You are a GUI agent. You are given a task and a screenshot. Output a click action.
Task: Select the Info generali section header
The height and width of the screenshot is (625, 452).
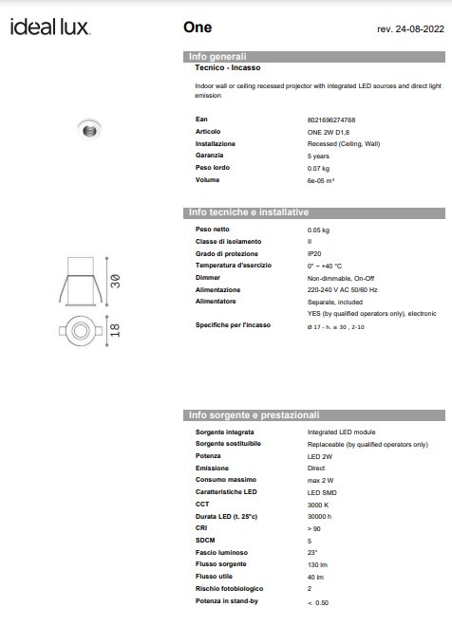click(217, 57)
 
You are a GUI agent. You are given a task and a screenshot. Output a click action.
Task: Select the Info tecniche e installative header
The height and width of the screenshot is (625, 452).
click(250, 212)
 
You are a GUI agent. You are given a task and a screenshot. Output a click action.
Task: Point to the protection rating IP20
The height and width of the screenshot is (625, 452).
click(315, 254)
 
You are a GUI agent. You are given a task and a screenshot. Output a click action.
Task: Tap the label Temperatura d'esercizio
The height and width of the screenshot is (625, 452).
click(234, 266)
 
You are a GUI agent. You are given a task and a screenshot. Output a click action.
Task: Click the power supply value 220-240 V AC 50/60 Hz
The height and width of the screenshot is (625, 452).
click(342, 288)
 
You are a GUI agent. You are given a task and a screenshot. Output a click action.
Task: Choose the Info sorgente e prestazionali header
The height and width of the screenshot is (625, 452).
click(254, 415)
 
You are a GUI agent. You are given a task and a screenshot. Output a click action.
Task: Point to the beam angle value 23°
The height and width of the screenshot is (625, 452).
click(312, 551)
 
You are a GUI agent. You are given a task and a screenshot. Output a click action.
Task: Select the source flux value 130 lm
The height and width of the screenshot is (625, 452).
click(317, 563)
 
